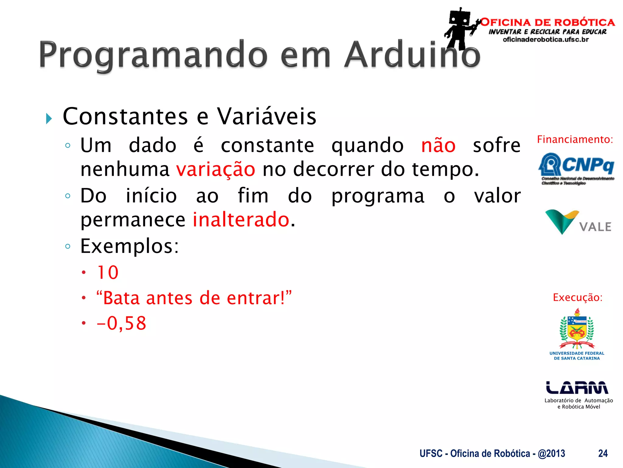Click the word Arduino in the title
pos(412,55)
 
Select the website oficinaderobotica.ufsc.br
pos(546,40)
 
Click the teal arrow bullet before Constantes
pos(49,118)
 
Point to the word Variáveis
pos(266,116)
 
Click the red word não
pos(438,145)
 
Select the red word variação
pos(216,169)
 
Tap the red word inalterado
pos(241,220)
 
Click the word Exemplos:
pos(130,246)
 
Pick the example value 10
pos(108,272)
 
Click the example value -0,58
pos(121,323)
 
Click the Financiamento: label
pos(575,140)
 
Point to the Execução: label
pos(577,297)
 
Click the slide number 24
pos(603,453)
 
